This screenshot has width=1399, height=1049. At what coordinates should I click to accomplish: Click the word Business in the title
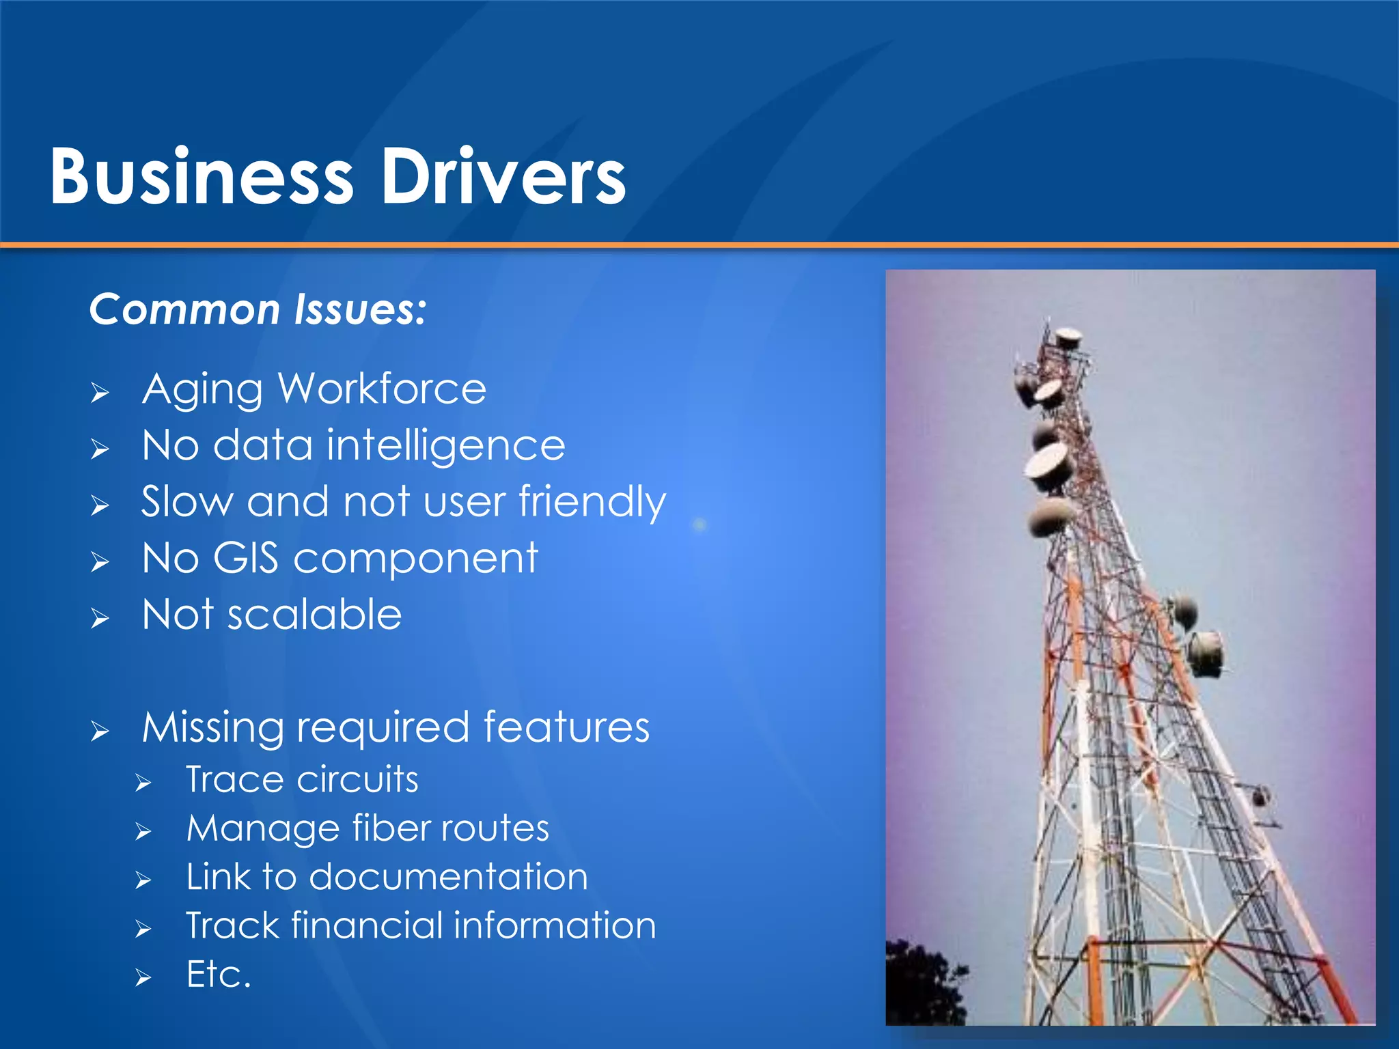pos(202,176)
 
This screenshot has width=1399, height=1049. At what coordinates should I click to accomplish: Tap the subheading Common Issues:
pos(258,309)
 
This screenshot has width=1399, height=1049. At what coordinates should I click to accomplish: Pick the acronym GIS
pos(246,558)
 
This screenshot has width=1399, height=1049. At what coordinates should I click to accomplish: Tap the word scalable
pos(314,615)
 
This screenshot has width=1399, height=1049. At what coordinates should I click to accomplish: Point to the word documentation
pos(448,877)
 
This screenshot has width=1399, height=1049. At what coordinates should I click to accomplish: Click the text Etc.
pos(219,975)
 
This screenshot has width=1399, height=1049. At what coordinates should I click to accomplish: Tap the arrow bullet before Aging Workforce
pos(100,393)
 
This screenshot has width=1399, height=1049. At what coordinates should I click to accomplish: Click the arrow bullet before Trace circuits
pos(143,783)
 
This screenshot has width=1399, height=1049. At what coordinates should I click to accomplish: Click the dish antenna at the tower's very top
pos(1068,336)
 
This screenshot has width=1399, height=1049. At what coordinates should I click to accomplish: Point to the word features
pos(566,727)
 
